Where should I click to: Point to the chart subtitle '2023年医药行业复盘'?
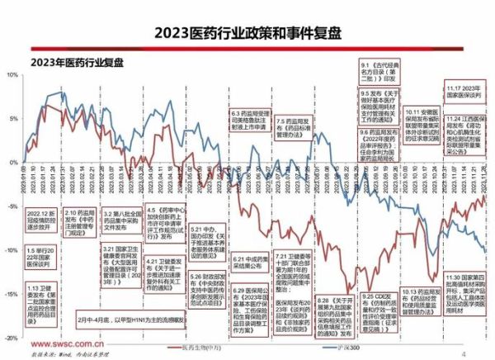[x=79, y=62]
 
